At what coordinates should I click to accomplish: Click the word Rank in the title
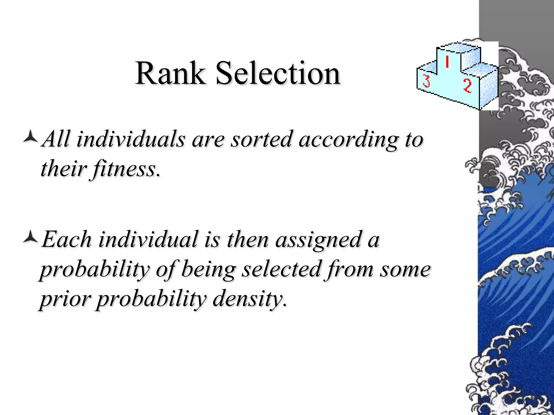[x=170, y=73]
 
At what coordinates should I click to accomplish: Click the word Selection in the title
[x=278, y=73]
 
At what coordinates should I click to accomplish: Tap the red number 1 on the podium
[x=447, y=62]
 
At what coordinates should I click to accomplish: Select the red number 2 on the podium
[x=467, y=86]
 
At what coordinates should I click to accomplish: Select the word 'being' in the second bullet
[x=208, y=270]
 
